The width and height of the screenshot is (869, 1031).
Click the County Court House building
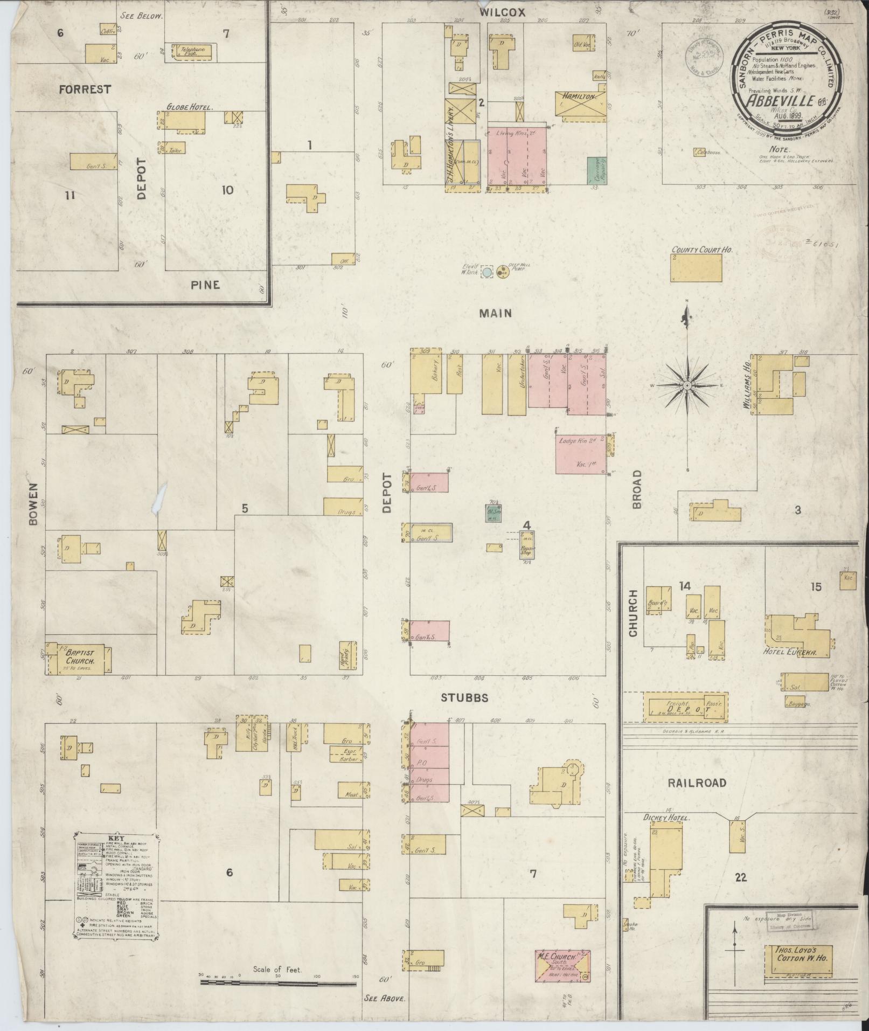696,268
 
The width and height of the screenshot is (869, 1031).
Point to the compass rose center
687,386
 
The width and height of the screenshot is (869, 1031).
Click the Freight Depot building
685,707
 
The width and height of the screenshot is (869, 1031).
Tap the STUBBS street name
464,698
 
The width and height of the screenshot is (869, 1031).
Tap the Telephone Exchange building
193,51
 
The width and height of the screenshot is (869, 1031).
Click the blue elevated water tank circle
487,273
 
